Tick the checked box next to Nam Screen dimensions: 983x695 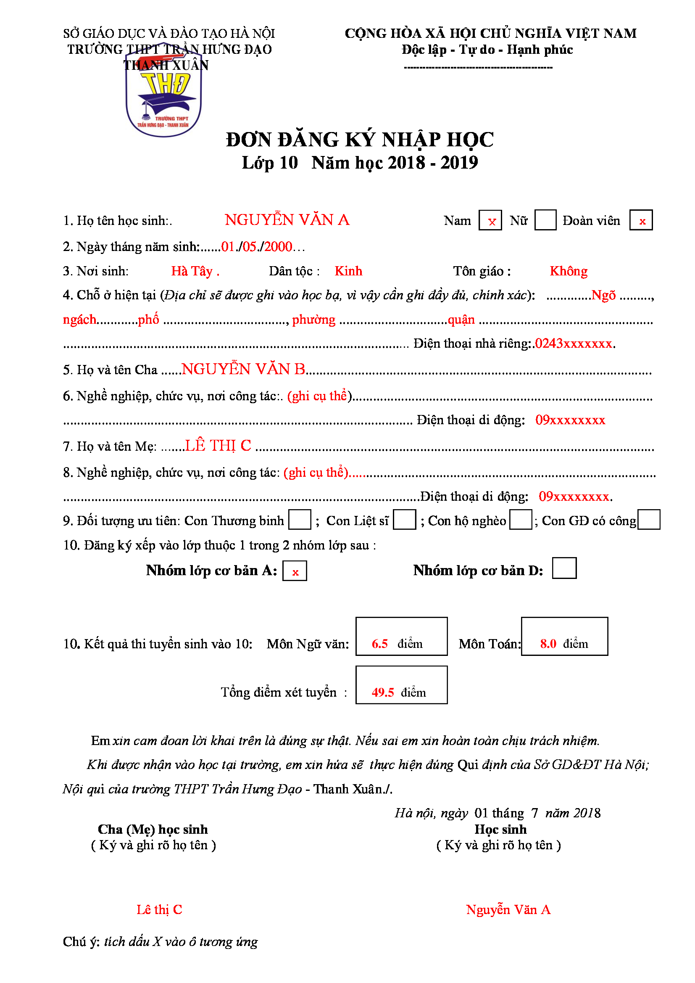pos(490,221)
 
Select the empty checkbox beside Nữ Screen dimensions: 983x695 pos(545,220)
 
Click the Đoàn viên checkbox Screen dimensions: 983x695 pos(641,220)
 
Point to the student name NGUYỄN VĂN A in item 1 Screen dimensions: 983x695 pos(287,220)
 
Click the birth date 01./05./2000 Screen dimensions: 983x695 pos(257,247)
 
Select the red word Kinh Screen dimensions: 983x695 pos(348,271)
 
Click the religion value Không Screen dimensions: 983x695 pos(569,271)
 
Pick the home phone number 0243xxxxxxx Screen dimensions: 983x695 pos(574,344)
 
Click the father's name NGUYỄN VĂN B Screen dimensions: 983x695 pos(243,369)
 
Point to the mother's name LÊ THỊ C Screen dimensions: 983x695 pos(218,446)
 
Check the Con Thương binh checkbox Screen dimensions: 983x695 pos(300,520)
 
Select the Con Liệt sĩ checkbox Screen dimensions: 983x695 pos(404,520)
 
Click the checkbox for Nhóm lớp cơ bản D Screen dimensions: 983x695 pos(564,568)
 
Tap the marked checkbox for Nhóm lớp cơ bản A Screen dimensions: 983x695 pos(295,571)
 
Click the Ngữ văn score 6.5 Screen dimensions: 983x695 pos(379,643)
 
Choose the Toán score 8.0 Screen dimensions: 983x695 pos(548,643)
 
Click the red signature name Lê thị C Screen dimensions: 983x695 pos(159,909)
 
